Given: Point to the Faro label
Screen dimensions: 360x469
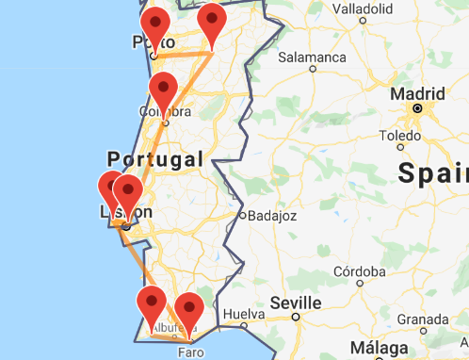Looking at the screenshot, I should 189,352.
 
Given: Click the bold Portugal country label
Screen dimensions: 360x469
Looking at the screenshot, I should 155,158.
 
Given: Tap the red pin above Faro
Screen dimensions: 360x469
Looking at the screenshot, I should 189,311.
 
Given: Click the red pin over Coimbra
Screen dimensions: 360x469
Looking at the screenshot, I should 164,91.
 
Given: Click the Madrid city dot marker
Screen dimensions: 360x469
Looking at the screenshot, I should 416,110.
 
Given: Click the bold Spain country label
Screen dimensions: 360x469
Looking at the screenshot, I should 433,172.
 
